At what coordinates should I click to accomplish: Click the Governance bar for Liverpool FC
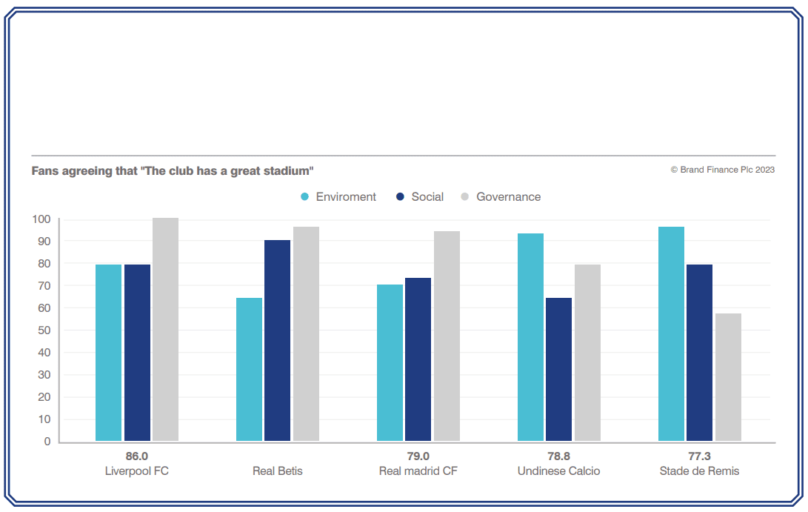[x=165, y=330]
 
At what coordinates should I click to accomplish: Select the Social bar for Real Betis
[x=278, y=341]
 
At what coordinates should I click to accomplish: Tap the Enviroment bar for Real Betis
[x=249, y=370]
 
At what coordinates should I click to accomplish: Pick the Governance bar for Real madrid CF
[x=447, y=336]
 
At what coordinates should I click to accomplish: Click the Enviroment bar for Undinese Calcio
[x=530, y=338]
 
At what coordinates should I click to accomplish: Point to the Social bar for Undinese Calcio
[x=558, y=370]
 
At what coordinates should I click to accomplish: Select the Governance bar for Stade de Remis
[x=728, y=377]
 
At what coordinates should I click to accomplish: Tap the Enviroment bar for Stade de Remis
[x=671, y=334]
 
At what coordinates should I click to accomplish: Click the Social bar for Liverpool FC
[x=137, y=353]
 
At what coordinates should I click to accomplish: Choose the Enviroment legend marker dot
[x=305, y=197]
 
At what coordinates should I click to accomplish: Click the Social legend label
[x=427, y=197]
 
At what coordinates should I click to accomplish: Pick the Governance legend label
[x=508, y=197]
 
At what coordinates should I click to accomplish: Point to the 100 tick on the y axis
[x=41, y=219]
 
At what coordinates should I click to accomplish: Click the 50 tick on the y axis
[x=44, y=330]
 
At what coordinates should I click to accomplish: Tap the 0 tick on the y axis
[x=47, y=442]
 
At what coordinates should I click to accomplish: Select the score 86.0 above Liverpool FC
[x=137, y=456]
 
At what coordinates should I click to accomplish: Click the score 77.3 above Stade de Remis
[x=699, y=456]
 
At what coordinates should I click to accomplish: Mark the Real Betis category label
[x=277, y=471]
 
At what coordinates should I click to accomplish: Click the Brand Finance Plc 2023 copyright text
[x=723, y=170]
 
